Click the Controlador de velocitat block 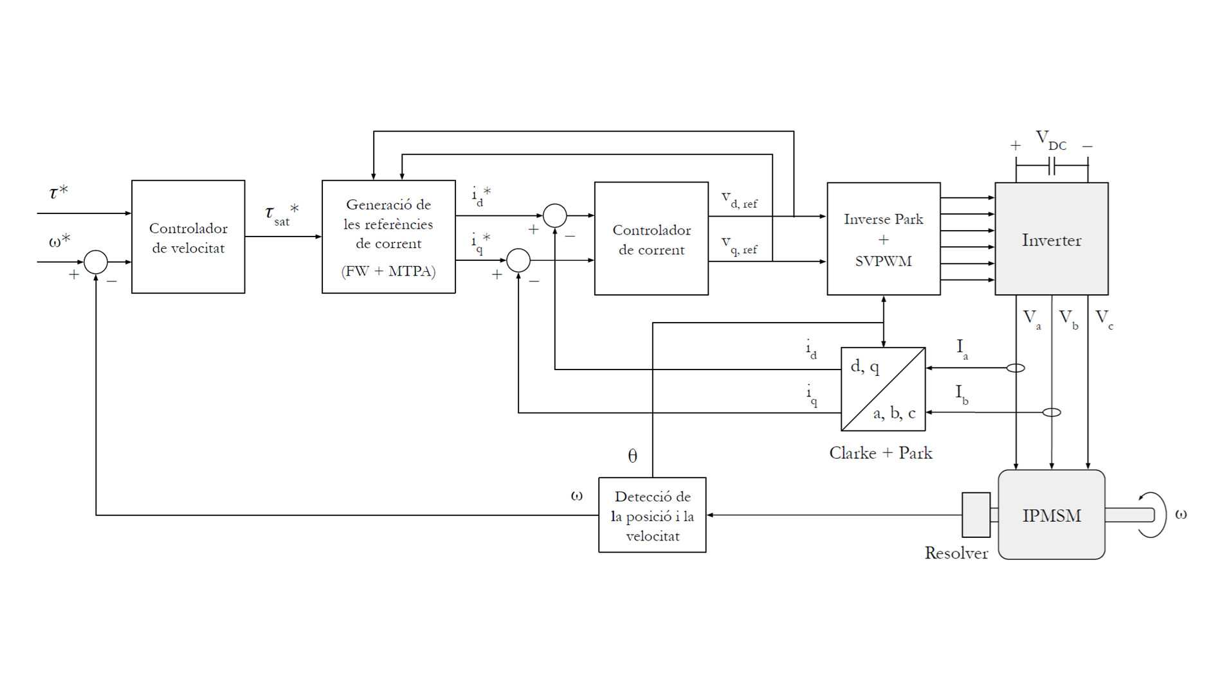[x=188, y=237]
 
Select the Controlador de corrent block [x=651, y=239]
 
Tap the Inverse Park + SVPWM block [x=883, y=239]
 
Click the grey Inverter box [x=1051, y=239]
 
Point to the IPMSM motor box [x=1051, y=515]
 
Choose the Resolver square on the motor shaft [x=976, y=515]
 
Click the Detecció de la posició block [x=652, y=515]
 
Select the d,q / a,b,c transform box [x=883, y=389]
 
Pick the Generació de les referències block [x=388, y=237]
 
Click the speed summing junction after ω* [x=96, y=262]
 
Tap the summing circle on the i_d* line [x=554, y=216]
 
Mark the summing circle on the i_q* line [x=518, y=260]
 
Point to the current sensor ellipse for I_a [x=1016, y=368]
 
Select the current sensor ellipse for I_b [x=1052, y=413]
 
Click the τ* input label [x=59, y=192]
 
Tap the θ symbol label [x=632, y=456]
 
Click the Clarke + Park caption [x=880, y=453]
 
